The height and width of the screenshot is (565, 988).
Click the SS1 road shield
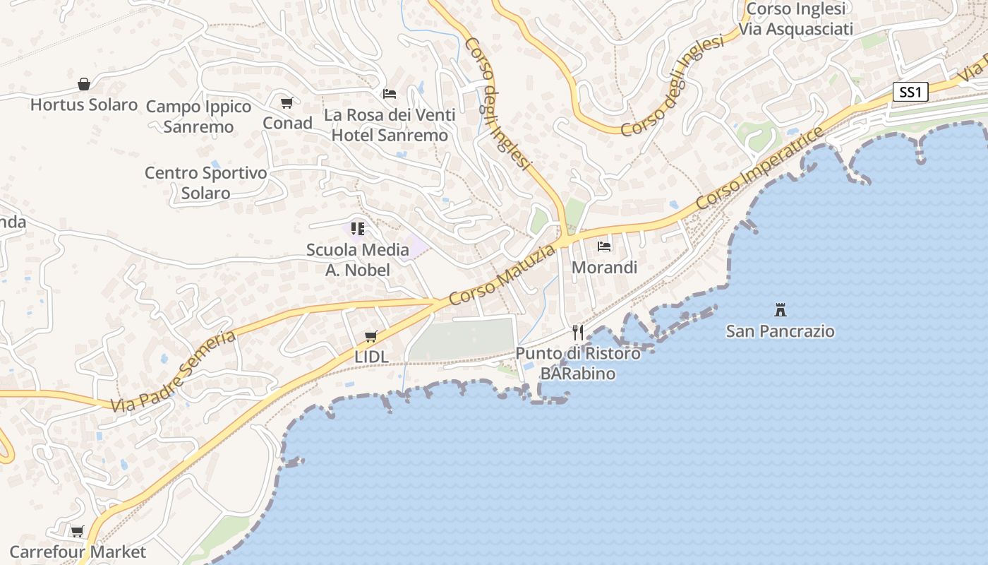point(910,92)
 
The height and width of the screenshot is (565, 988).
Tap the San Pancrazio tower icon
point(781,309)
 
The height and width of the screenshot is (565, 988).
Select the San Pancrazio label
point(781,331)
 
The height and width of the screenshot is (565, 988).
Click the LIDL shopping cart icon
point(370,336)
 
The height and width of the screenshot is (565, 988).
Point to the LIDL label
point(371,357)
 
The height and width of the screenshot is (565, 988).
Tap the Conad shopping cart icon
point(287,103)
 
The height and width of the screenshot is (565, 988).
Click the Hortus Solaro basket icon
point(84,85)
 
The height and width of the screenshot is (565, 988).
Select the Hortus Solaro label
point(84,105)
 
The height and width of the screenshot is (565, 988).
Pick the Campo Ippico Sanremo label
point(198,117)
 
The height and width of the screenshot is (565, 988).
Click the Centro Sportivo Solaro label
point(206,183)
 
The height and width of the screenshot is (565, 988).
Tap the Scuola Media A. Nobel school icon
point(358,228)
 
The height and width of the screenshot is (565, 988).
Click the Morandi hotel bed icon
point(604,246)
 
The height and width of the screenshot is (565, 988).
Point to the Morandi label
point(604,268)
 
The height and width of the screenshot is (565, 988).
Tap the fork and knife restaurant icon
point(578,332)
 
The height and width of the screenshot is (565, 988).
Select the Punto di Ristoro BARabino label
point(578,363)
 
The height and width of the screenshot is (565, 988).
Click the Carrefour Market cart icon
point(78,531)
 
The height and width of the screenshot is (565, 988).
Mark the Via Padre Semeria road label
point(173,371)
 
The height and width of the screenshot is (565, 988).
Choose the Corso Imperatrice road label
point(759,168)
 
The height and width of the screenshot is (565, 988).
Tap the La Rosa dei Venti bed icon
point(390,93)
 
